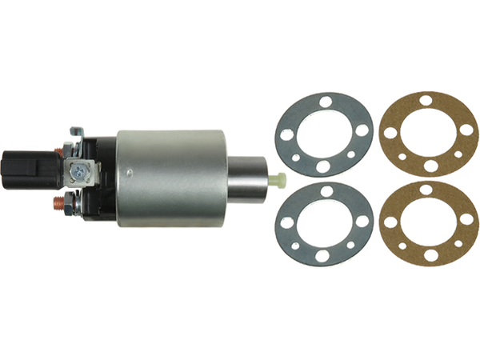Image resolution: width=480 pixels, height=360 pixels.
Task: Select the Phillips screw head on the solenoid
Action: pos(81,169)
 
